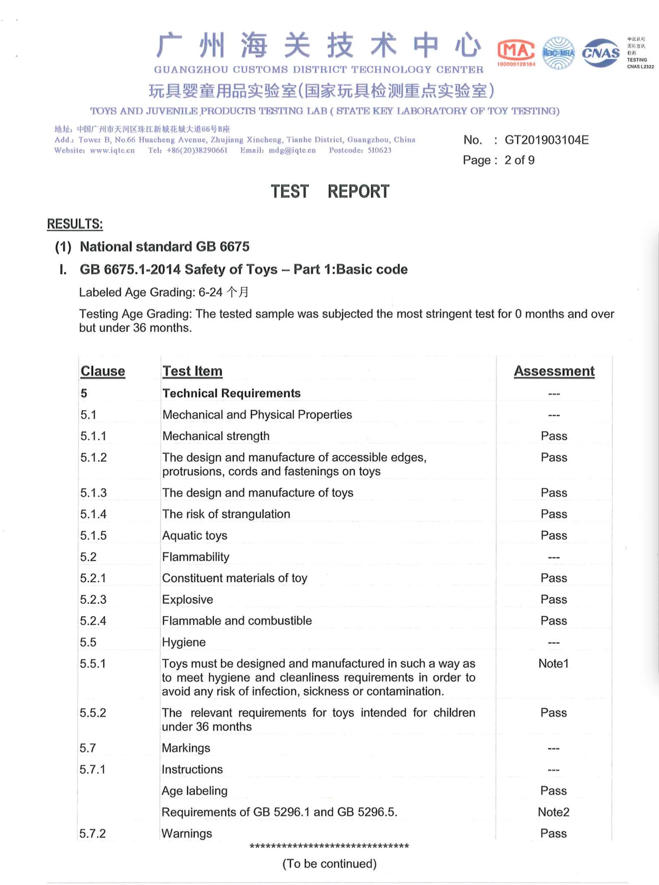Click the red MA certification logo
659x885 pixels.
516,52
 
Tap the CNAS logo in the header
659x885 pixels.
601,53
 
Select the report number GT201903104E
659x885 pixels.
546,140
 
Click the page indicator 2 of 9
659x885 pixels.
519,160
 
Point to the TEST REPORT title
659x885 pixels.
330,191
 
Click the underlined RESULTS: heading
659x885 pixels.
74,224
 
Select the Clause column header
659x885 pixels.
103,371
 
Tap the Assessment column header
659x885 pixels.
554,371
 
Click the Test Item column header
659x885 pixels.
192,371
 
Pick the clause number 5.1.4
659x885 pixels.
93,514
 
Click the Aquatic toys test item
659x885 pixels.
195,536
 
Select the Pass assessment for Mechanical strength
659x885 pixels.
554,436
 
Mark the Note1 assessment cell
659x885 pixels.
553,664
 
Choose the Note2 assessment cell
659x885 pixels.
553,812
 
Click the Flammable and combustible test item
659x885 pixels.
237,620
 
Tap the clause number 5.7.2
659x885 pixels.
92,833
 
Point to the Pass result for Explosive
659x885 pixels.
554,599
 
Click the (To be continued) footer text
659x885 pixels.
329,864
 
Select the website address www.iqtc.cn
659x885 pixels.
112,150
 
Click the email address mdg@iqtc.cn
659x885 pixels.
292,150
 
